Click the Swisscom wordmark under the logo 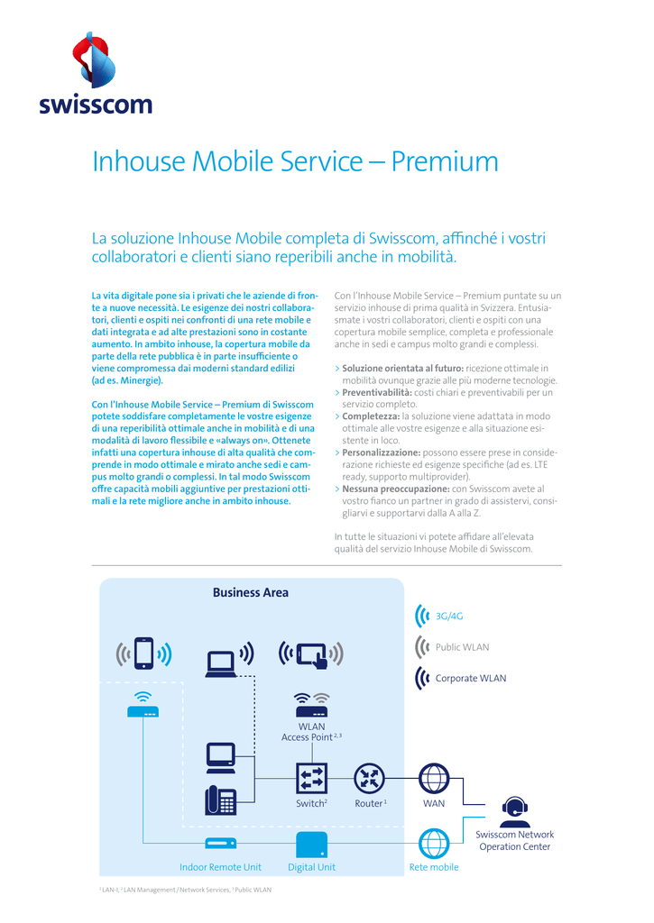pos(96,105)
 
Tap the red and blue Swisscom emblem pos(95,60)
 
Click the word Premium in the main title pos(445,161)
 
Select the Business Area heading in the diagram pos(251,593)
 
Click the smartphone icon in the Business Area pos(143,653)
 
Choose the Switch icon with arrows pos(311,778)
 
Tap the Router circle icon pos(370,778)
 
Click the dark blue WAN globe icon pos(434,778)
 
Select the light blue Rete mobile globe pos(434,843)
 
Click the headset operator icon pos(514,812)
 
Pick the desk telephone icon pos(220,800)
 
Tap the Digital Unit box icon pos(311,845)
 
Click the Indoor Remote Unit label pos(220,867)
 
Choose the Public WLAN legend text pos(462,647)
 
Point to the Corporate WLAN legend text pos(471,678)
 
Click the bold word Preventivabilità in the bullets pos(377,392)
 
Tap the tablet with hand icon pos(312,654)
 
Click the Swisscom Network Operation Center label pos(514,841)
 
